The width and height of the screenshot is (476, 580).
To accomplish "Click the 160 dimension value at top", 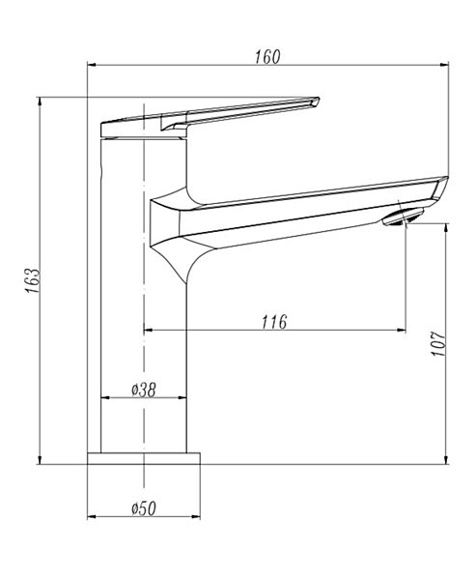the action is click(267, 57).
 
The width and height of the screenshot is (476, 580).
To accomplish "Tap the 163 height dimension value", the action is click(33, 280).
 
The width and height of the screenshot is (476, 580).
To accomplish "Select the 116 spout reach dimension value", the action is click(274, 322).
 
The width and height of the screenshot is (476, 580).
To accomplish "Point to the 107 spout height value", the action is click(438, 343).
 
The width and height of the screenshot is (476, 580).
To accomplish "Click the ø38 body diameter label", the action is click(144, 390).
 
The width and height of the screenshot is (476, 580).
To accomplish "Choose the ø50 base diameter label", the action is click(144, 508).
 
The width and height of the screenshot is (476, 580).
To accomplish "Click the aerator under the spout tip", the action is click(403, 216).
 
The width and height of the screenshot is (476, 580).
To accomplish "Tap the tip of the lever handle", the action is click(319, 99).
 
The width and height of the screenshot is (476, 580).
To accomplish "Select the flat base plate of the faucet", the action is click(144, 458).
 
